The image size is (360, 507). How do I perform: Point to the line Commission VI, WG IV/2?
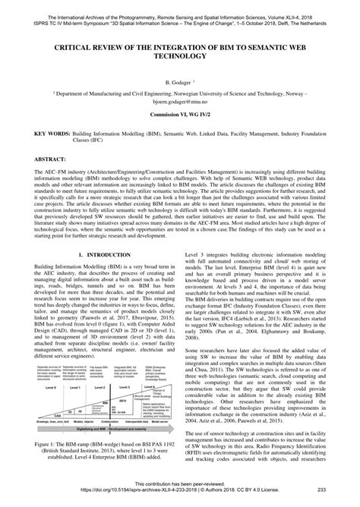pos(180,113)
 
